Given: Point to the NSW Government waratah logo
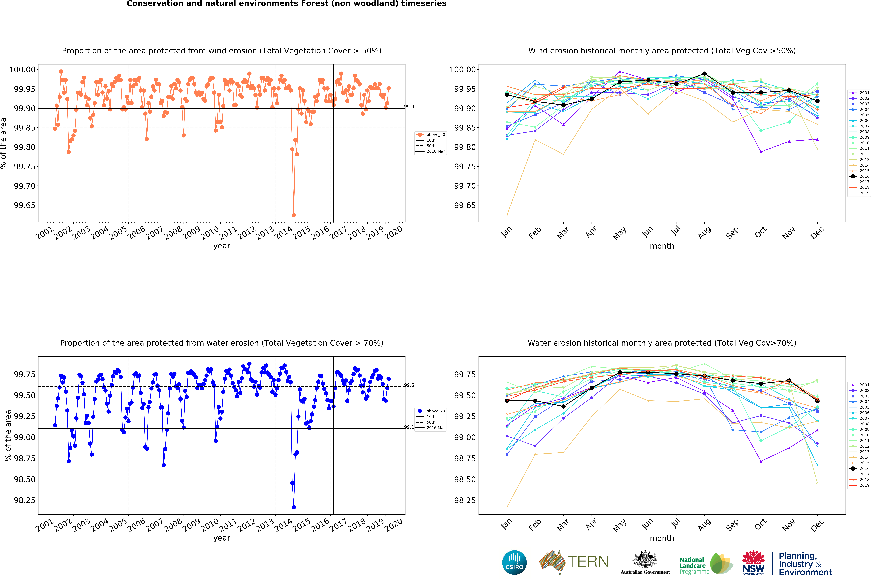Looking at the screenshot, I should pos(753,562).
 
